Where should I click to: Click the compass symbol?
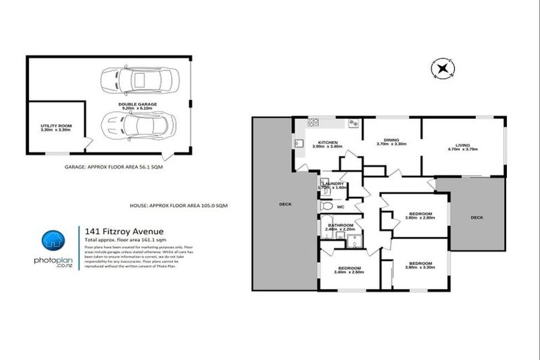(x=442, y=69)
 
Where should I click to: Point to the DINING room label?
(x=392, y=140)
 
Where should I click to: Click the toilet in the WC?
(x=325, y=208)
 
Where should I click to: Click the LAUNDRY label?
(x=332, y=183)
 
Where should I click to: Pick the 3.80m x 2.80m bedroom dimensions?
(x=420, y=217)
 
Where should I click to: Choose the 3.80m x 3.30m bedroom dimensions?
(x=420, y=267)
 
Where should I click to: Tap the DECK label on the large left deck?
(x=285, y=204)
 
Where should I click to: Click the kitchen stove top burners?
(x=354, y=123)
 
